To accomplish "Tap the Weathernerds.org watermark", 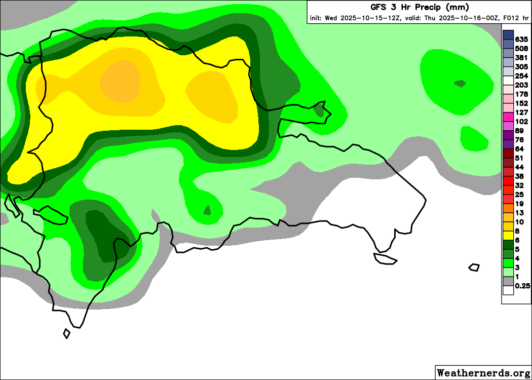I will point(483,373).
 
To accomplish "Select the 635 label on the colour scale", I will point(521,40).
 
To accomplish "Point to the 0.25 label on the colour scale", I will point(522,286).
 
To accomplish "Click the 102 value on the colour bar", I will point(521,122).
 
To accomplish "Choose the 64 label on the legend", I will point(519,149).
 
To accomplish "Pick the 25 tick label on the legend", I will point(519,195).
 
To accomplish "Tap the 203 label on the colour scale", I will point(521,85).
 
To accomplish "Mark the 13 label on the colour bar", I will point(519,213).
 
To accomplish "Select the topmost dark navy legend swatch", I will point(508,34).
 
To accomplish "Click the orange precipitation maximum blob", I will point(120,81).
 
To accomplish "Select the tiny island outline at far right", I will point(474,267).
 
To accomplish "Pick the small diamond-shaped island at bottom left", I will point(66,333).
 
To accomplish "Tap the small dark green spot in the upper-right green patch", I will point(460,83).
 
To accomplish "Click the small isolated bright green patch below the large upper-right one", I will point(474,138).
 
